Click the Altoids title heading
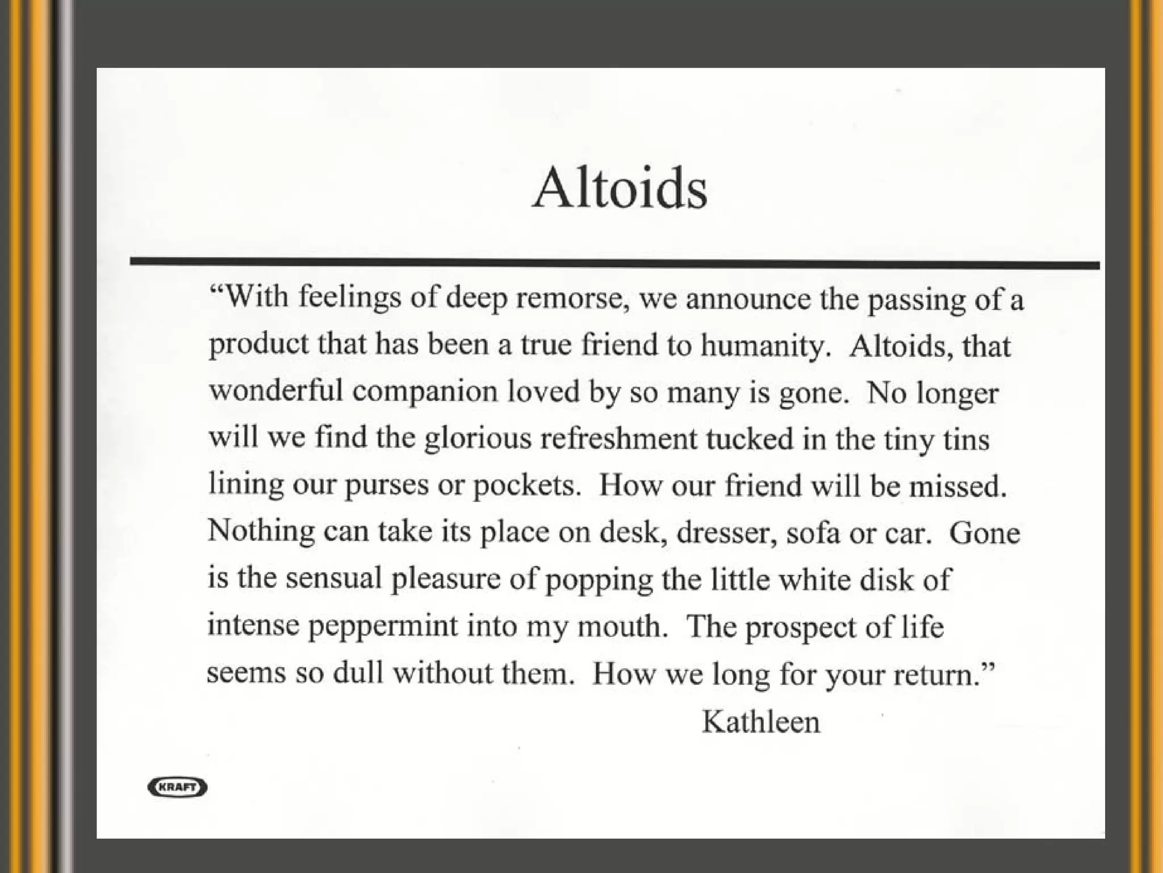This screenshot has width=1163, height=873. click(x=620, y=188)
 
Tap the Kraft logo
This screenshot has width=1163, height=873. click(x=177, y=787)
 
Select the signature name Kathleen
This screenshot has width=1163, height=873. click(x=761, y=722)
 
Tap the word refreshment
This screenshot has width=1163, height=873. click(x=618, y=438)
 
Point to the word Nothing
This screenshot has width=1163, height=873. click(x=261, y=532)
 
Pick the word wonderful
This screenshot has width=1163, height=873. click(x=276, y=391)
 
